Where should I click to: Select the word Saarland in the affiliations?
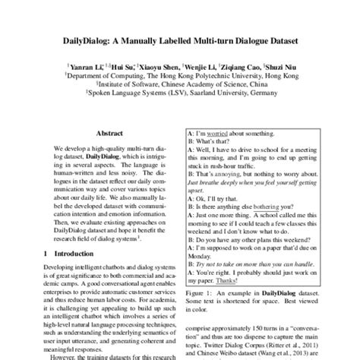tap(210, 96)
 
